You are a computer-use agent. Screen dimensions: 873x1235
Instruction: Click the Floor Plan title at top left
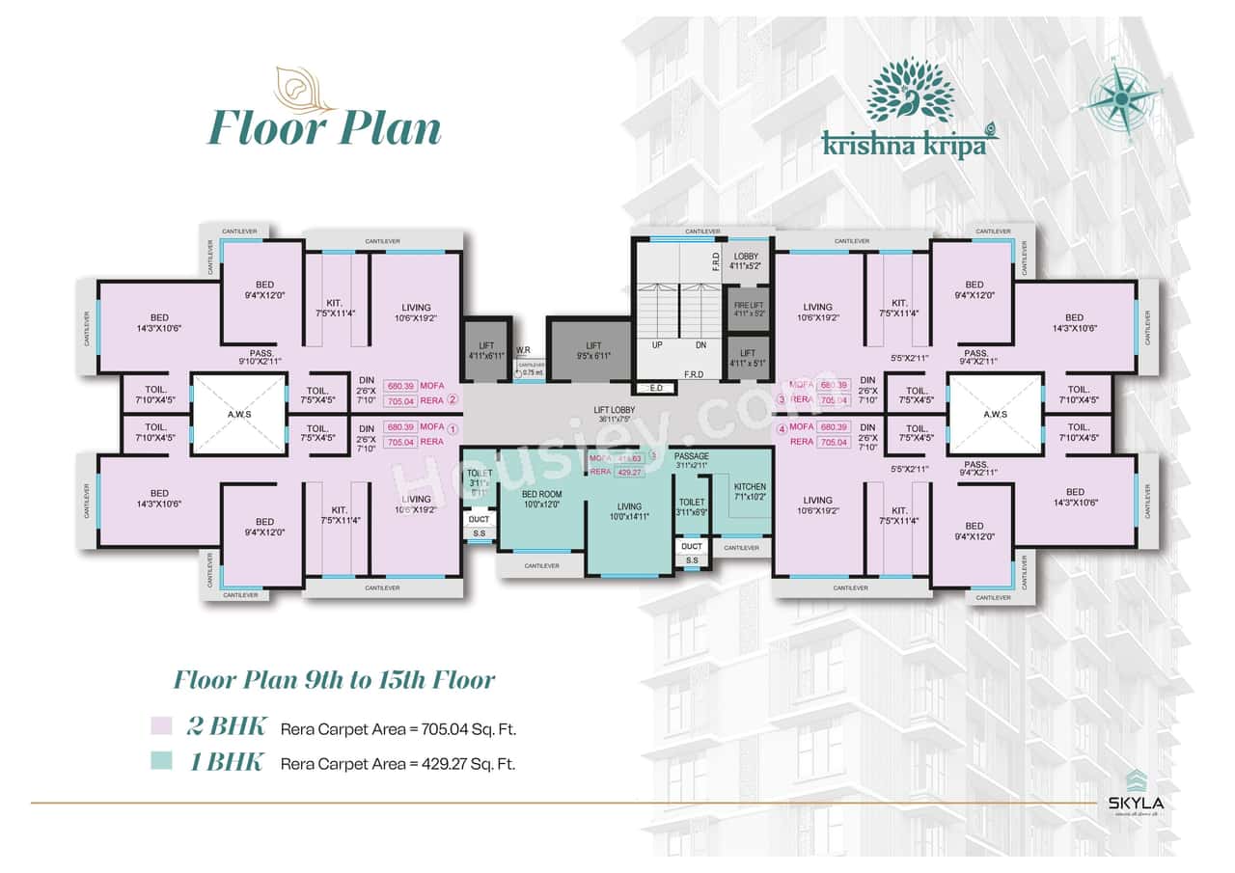click(x=324, y=129)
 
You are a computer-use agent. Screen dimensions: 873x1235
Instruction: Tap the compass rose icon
click(x=1123, y=96)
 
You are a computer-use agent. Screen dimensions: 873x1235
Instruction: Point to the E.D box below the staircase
click(x=656, y=388)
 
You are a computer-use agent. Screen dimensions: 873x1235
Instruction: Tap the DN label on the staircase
click(x=700, y=344)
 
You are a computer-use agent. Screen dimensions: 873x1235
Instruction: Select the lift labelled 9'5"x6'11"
click(x=592, y=350)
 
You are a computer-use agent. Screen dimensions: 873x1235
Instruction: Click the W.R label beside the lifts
click(x=523, y=350)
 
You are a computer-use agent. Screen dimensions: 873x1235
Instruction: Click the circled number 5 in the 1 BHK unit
click(x=652, y=455)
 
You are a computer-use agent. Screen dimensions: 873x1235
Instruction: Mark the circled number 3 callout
click(x=783, y=399)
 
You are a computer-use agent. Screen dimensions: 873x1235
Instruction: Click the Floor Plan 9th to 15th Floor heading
click(x=334, y=679)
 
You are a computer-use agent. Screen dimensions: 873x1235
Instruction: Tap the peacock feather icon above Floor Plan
click(x=299, y=89)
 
